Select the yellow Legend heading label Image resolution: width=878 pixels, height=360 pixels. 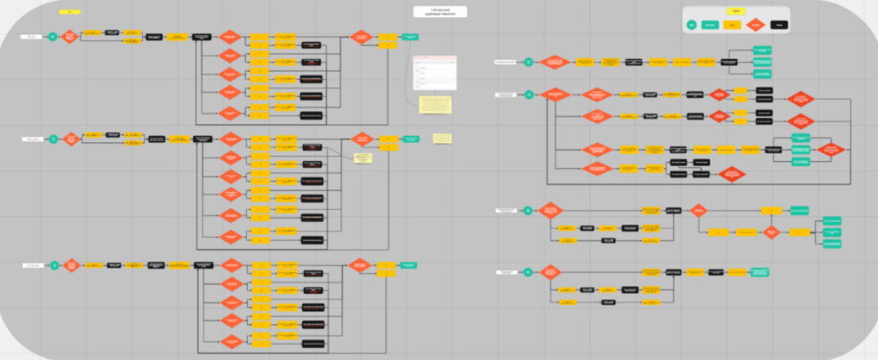733,11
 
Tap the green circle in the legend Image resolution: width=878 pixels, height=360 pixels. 692,27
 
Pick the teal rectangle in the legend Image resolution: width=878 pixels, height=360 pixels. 710,27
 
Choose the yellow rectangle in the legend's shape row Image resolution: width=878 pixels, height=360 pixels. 732,27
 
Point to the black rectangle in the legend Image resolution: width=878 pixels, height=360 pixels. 778,27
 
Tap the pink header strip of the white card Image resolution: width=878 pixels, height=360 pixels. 435,59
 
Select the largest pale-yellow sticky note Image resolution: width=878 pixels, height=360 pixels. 436,105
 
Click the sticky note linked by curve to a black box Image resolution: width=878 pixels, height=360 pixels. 363,158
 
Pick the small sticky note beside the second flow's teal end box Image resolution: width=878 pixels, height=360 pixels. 442,138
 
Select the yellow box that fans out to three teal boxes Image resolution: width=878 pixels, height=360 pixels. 803,231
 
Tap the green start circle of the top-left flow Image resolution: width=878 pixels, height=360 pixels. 53,37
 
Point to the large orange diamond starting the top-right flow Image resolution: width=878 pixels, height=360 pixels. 555,62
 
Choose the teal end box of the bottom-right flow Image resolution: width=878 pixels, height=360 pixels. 759,273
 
